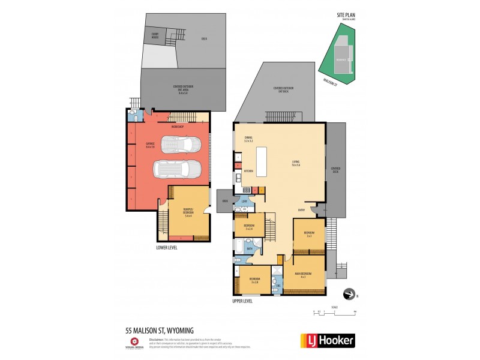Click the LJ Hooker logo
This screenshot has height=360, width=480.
327,341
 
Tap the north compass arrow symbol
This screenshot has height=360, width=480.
347,294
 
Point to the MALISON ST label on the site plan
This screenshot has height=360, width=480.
331,82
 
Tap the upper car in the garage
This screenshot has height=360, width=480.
182,144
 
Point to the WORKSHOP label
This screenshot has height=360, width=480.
178,127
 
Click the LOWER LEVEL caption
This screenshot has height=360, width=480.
166,247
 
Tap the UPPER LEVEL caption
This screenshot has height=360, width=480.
242,301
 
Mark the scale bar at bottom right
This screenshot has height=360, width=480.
335,312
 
